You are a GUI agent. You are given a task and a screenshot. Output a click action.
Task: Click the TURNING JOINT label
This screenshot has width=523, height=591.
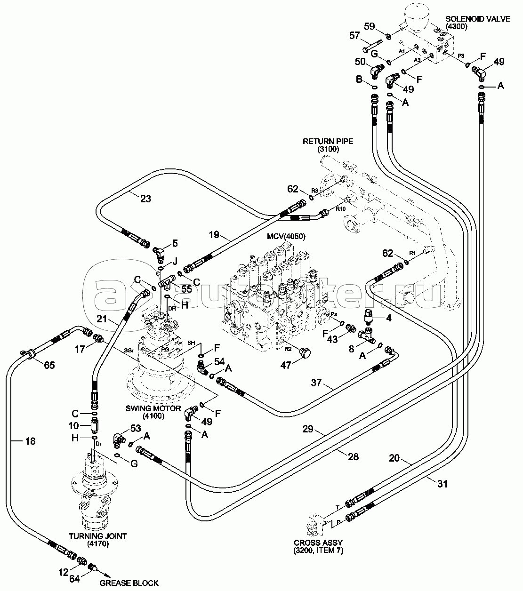coord(98,535)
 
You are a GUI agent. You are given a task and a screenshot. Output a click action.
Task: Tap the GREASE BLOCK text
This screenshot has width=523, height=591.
coord(129,583)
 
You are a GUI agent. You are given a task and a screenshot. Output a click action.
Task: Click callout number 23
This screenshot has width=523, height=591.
coord(145,199)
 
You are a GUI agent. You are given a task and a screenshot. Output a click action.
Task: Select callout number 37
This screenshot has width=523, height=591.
coord(316,383)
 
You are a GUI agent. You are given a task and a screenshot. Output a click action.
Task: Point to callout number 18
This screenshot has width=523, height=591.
coord(30,441)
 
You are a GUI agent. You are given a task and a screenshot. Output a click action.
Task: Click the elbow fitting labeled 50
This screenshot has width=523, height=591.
coord(376,71)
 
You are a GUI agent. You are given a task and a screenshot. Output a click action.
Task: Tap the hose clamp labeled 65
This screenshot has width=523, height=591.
coord(27,353)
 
